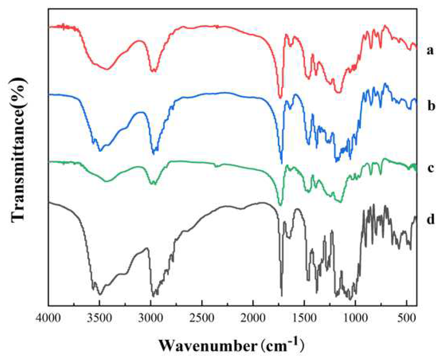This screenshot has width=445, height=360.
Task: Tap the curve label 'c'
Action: click(x=430, y=168)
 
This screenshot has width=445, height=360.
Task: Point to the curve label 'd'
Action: click(x=430, y=219)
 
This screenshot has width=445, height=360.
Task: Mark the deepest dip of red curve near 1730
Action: click(x=280, y=97)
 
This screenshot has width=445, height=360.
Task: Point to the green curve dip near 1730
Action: click(x=280, y=205)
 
